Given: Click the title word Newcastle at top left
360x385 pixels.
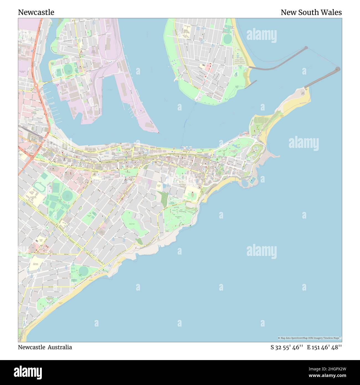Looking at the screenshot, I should click(36, 12).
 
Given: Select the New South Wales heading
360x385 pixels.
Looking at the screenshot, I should click(311, 12).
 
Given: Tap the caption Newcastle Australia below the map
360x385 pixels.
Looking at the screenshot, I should click(45, 347).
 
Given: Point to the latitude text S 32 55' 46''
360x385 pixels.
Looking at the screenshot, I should click(287, 347).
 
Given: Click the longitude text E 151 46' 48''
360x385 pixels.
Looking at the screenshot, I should click(324, 347).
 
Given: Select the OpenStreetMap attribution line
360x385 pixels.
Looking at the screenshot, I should click(310, 338).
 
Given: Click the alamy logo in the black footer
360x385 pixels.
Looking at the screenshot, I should click(28, 372).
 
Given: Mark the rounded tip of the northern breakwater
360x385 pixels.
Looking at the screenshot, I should click(306, 48).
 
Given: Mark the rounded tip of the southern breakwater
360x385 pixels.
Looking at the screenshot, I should click(338, 69).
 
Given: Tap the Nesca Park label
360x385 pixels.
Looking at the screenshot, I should click(132, 224).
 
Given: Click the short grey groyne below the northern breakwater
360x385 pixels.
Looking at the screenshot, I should click(250, 83).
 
